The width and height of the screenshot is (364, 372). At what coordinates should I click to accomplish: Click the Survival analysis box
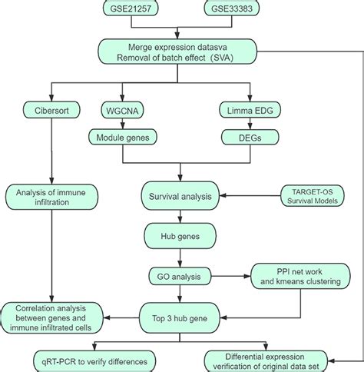pos(180,197)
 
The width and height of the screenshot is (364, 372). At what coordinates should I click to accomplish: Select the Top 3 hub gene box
pos(180,314)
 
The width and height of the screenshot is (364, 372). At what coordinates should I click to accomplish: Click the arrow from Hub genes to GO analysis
pos(180,257)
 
